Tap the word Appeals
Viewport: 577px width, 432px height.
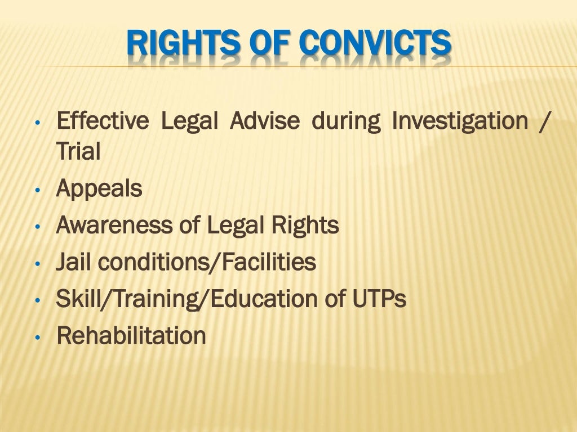point(99,189)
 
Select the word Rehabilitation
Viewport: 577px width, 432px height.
point(131,336)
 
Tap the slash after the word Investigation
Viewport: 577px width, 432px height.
point(542,121)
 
